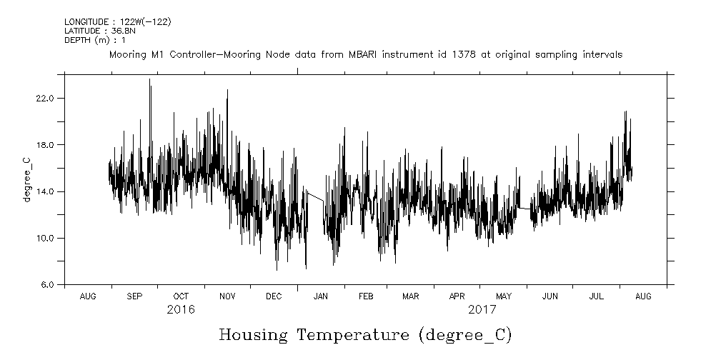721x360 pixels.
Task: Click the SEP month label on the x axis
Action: coord(134,296)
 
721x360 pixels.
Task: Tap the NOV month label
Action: coord(227,296)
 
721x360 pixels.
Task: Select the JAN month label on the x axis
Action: coord(321,296)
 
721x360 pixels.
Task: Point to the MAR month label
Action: coord(410,296)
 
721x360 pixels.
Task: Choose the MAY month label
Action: coord(504,296)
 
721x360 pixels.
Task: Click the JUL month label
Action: coord(597,296)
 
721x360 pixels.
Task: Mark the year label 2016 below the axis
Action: coord(181,310)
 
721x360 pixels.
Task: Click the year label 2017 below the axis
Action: coord(482,310)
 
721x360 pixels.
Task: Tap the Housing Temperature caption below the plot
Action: coord(365,334)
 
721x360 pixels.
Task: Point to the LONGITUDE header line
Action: coord(117,22)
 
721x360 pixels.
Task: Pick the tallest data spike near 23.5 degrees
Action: coord(149,80)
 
